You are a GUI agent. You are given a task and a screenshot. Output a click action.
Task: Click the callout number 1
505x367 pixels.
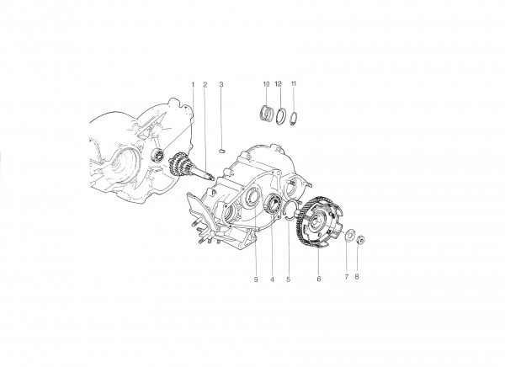[194, 85]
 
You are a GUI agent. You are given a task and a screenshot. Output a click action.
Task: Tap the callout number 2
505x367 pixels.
[205, 85]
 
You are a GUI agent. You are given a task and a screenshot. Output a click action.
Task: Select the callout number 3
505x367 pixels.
[221, 85]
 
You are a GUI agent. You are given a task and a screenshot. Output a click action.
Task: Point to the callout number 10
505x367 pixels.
[266, 84]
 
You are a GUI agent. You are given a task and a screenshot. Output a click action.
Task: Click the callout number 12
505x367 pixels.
[279, 84]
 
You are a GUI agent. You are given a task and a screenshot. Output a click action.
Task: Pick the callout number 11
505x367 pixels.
[294, 84]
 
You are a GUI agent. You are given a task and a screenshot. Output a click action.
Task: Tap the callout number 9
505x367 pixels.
[256, 279]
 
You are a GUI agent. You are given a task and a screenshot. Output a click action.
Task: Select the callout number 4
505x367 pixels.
[272, 279]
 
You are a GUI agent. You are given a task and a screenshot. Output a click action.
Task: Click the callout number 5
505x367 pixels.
[288, 279]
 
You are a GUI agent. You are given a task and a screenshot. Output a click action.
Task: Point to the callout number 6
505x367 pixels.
[319, 279]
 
